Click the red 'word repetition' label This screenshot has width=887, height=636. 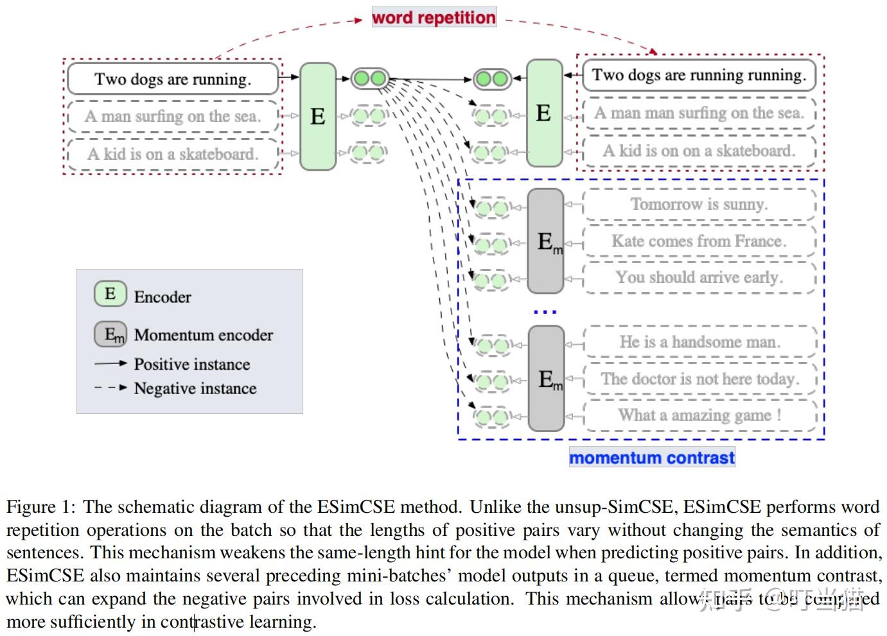click(x=434, y=17)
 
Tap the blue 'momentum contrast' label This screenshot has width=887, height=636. click(x=651, y=458)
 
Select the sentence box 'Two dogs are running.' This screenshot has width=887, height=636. click(x=173, y=79)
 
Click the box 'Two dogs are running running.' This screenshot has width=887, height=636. click(x=699, y=75)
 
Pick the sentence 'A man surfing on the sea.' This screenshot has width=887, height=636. click(x=173, y=116)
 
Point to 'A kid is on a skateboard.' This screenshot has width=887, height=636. click(x=173, y=154)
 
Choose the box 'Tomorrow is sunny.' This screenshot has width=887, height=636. click(x=699, y=204)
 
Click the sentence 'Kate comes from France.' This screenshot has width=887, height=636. click(x=699, y=241)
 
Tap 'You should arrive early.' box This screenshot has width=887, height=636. click(x=699, y=277)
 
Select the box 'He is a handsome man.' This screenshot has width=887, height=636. click(x=699, y=341)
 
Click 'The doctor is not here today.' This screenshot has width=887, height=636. click(x=699, y=379)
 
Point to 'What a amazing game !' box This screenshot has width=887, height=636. click(x=699, y=415)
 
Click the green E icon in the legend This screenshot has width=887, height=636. click(x=110, y=294)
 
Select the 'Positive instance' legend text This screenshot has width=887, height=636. click(x=192, y=364)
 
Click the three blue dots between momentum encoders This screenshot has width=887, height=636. click(x=545, y=313)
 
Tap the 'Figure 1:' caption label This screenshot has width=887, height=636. click(x=41, y=507)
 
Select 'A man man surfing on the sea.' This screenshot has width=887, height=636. click(x=699, y=113)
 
